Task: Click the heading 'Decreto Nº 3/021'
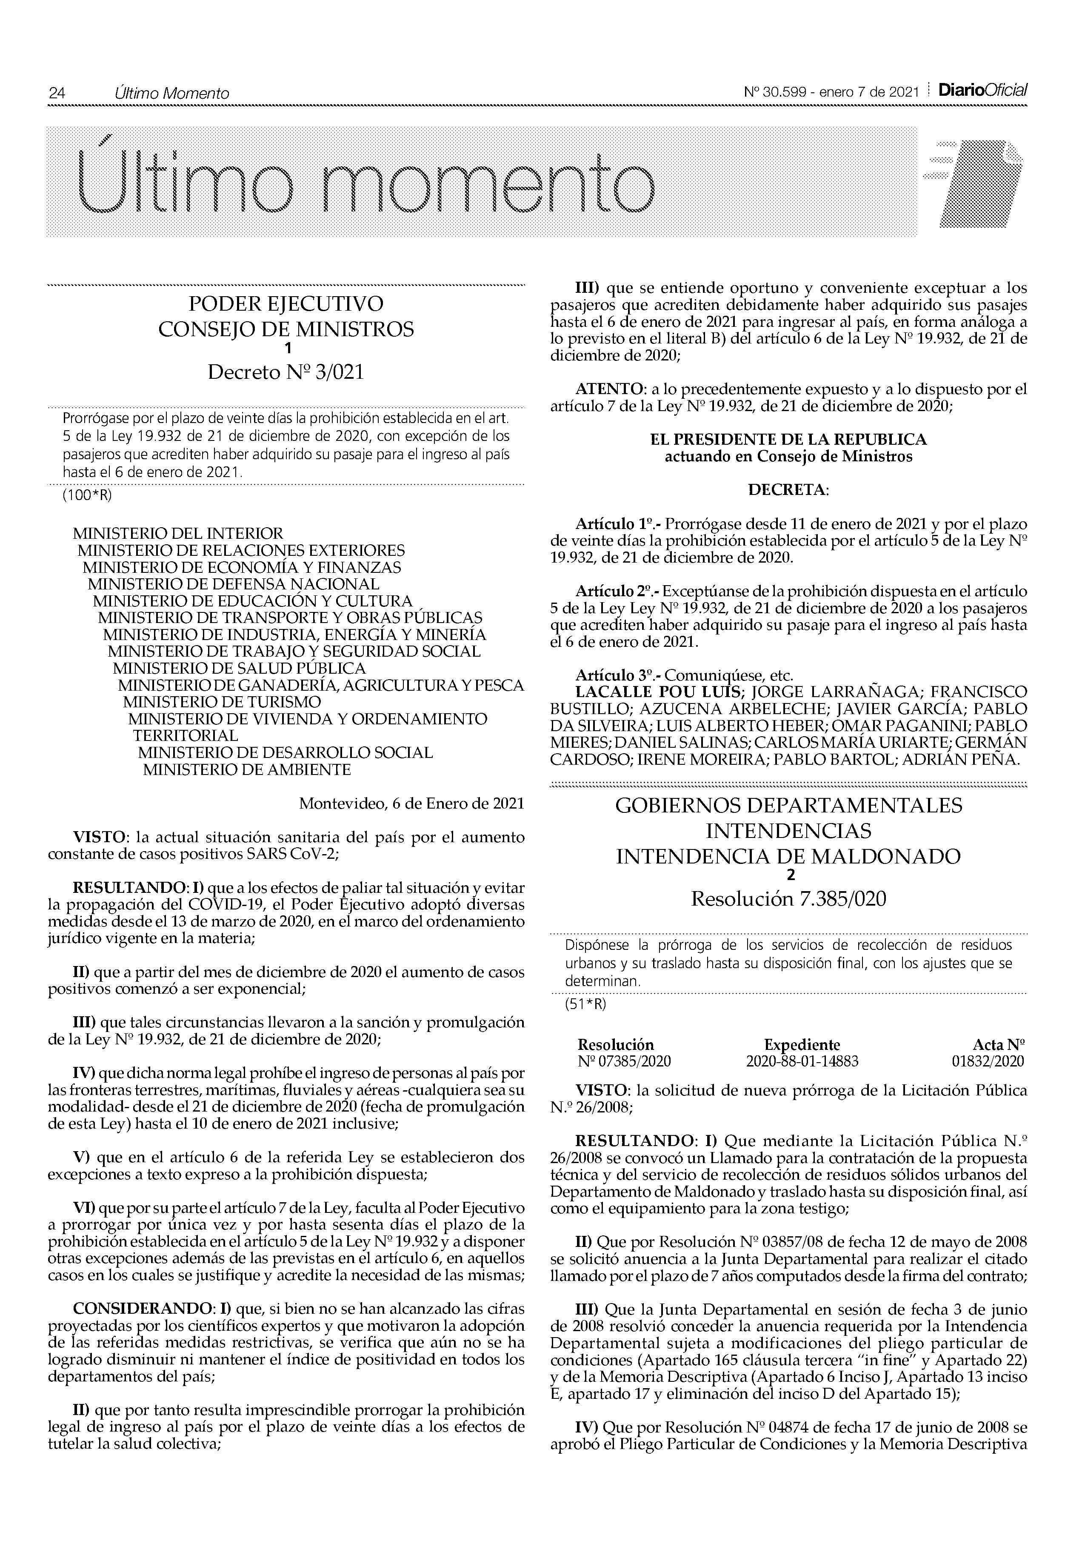(286, 372)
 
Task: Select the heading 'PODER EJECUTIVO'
(286, 303)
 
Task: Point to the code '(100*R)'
(87, 495)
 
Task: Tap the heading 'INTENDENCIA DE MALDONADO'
(788, 856)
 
